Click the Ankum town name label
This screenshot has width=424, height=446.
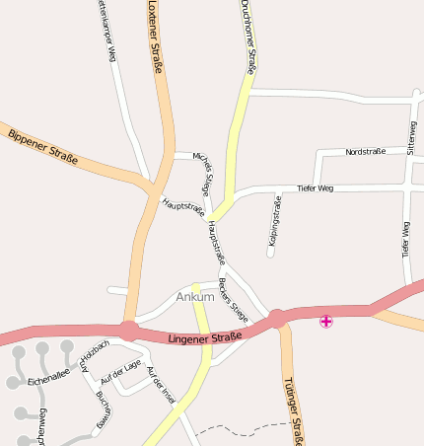[x=194, y=297]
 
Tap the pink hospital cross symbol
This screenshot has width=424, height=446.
[x=326, y=321]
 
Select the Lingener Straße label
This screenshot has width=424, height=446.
[x=204, y=340]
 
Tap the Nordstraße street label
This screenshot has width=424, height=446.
[x=365, y=152]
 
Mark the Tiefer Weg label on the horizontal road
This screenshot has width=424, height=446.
[x=316, y=187]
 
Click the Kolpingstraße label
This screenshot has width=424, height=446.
[x=272, y=221]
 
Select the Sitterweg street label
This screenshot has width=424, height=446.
[x=411, y=138]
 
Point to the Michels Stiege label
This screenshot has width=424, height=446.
[x=202, y=172]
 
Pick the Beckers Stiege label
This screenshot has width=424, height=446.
[x=233, y=300]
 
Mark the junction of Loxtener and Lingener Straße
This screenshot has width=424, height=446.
[x=128, y=331]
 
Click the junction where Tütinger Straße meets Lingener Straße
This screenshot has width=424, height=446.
[x=277, y=318]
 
